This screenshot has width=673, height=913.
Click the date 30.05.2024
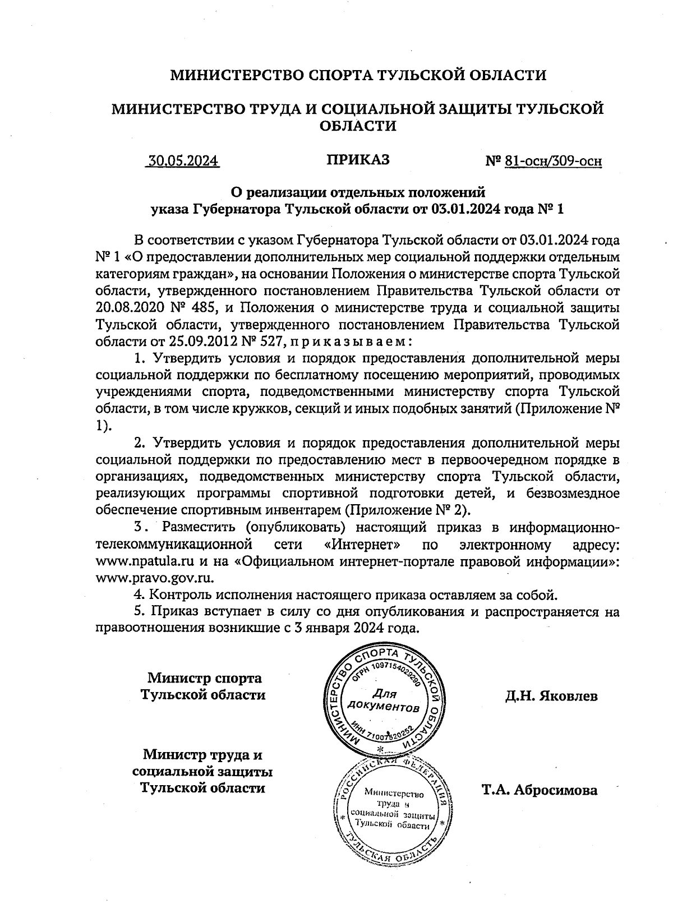click(x=182, y=161)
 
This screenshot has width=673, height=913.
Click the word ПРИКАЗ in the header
click(x=358, y=160)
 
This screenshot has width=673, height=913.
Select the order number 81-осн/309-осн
click(x=553, y=162)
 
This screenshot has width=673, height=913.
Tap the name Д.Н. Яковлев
click(x=551, y=697)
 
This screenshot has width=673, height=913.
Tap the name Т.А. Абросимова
click(x=540, y=791)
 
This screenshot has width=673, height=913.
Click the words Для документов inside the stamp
click(x=384, y=699)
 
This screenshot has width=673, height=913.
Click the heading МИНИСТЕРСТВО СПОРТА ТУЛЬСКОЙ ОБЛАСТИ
click(x=358, y=75)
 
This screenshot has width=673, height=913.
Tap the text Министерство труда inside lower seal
click(x=394, y=798)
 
